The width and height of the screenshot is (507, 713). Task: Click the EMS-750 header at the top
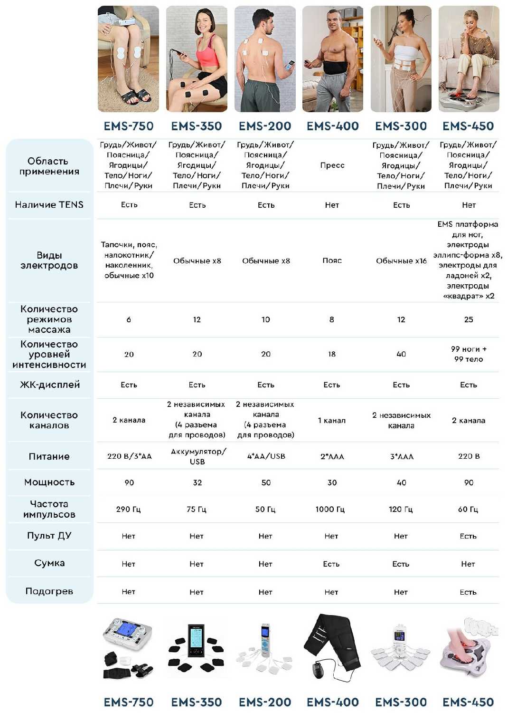click(x=129, y=126)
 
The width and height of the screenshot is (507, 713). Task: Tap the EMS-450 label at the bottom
click(x=468, y=702)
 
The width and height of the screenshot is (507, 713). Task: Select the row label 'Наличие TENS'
click(x=49, y=205)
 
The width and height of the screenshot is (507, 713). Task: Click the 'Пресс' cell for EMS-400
click(x=332, y=165)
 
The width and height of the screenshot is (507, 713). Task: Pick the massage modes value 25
click(x=469, y=319)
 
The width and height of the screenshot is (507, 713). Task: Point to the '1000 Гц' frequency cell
click(x=330, y=509)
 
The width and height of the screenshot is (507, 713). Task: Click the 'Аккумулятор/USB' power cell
click(x=197, y=456)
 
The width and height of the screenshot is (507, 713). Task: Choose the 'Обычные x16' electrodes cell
click(x=401, y=261)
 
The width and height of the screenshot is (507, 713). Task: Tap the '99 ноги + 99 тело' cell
click(x=469, y=354)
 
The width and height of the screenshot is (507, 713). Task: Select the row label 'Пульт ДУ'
click(x=49, y=536)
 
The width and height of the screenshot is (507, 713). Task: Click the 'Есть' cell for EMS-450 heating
click(x=468, y=592)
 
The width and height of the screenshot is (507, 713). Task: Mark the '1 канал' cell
click(x=332, y=421)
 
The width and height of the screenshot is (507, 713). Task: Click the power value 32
click(x=197, y=482)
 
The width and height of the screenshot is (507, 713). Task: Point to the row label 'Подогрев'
click(x=49, y=591)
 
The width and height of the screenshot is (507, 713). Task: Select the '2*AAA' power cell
click(x=332, y=456)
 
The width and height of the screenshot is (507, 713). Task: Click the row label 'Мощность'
click(x=49, y=482)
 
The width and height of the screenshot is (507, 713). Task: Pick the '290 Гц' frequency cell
click(x=129, y=509)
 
